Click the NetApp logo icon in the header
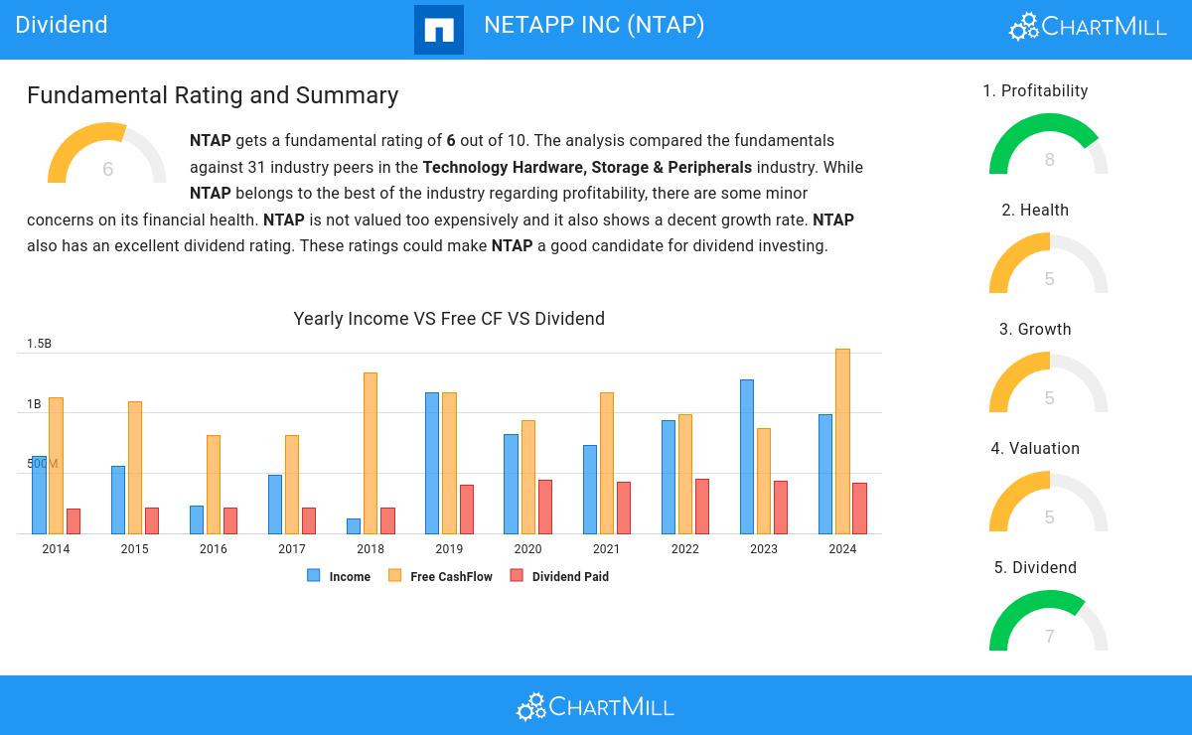pos(438,30)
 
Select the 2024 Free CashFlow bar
pos(842,441)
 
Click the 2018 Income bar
pos(354,525)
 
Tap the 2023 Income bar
pos(746,456)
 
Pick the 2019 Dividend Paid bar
pos(467,509)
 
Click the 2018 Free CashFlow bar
pos(371,453)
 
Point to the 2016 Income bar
pos(197,519)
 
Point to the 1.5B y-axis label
pos(39,344)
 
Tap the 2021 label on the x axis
pos(606,549)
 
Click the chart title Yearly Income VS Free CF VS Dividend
pos(449,319)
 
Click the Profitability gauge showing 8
pos(1049,146)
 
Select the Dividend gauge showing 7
pos(1049,623)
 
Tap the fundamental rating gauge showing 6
pos(107,156)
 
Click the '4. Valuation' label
pos(1035,449)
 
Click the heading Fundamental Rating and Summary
pos(213,95)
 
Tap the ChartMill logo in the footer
pos(595,706)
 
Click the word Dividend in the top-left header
pos(62,25)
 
